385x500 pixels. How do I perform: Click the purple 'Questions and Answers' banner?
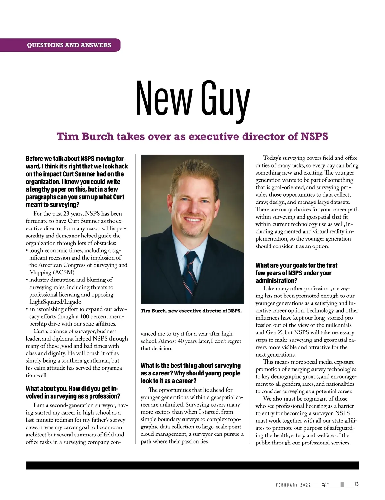click(69, 45)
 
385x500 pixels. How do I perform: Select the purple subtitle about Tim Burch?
click(193, 136)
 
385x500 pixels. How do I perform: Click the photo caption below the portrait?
click(191, 311)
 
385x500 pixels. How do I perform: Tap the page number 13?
click(356, 484)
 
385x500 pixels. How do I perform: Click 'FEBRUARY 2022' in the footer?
click(293, 485)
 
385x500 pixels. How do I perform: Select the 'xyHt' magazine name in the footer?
click(326, 484)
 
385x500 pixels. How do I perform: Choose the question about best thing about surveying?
click(191, 373)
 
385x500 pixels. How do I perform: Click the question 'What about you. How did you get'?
click(73, 392)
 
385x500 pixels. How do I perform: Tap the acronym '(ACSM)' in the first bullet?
click(52, 272)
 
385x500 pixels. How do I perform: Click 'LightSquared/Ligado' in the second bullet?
click(55, 302)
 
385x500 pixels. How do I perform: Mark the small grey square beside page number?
click(342, 484)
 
